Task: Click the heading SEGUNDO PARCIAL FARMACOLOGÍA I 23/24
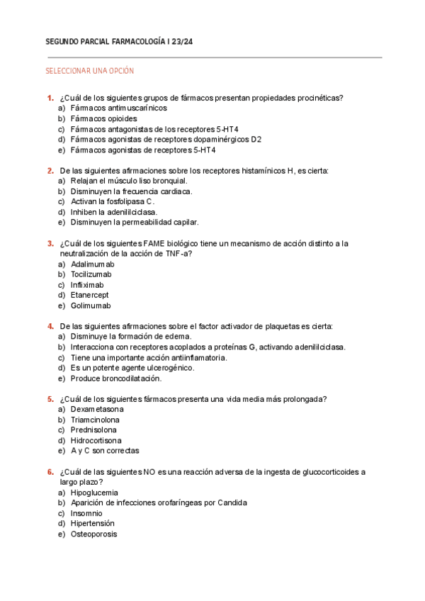click(x=119, y=43)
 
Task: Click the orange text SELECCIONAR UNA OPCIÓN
click(x=89, y=71)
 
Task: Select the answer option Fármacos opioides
click(x=103, y=119)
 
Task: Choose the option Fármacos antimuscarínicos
click(x=118, y=108)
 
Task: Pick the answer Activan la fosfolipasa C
click(x=113, y=202)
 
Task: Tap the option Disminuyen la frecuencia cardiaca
click(x=131, y=191)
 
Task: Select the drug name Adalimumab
click(x=92, y=264)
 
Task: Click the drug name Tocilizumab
click(x=91, y=274)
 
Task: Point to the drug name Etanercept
click(x=89, y=296)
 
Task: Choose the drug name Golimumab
click(x=91, y=306)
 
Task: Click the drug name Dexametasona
click(x=97, y=410)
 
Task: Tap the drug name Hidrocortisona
click(x=96, y=441)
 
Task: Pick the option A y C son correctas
click(x=104, y=451)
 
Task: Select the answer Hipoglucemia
click(x=94, y=493)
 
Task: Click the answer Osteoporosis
click(x=93, y=534)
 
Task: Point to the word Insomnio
click(x=86, y=513)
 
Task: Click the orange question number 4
click(x=50, y=327)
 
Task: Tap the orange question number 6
click(x=50, y=472)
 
